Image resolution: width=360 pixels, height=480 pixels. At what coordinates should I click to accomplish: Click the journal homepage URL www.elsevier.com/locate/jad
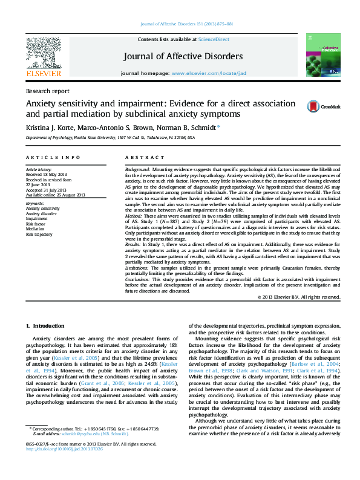(x=209, y=73)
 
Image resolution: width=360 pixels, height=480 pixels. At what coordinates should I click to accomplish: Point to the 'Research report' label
(x=47, y=91)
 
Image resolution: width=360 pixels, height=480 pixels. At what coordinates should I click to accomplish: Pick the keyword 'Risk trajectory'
(x=39, y=234)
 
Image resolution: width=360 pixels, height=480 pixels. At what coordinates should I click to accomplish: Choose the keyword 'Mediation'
(x=36, y=229)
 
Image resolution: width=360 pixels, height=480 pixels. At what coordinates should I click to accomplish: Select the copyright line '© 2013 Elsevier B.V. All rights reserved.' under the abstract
(x=299, y=297)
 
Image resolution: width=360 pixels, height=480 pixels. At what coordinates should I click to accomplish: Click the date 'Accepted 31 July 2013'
(x=45, y=190)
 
